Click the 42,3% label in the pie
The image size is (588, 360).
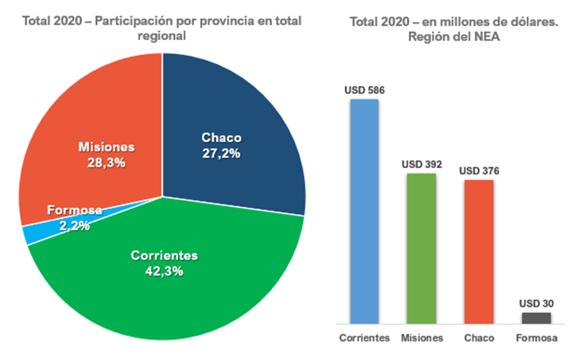coord(165,271)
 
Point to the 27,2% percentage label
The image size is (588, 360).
coord(221,153)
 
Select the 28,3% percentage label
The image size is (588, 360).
coord(106,162)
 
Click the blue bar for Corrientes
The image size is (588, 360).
coord(365,212)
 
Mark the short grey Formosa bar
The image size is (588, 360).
coord(536,318)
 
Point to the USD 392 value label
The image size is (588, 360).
coord(422,165)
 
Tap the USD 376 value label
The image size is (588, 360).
coord(479,171)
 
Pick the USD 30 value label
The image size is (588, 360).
coord(536,304)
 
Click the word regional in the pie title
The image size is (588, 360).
coord(162,36)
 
